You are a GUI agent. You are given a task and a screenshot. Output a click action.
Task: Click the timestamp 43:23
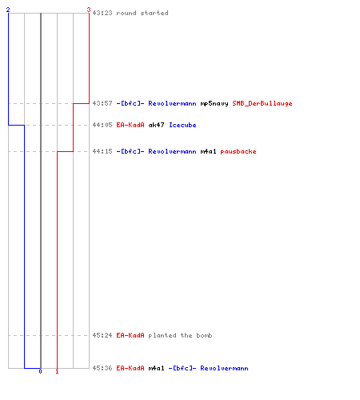102,13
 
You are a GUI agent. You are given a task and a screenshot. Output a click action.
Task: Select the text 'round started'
142,13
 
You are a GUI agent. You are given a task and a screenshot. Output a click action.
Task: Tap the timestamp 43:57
102,103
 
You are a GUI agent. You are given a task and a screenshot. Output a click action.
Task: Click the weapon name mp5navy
214,103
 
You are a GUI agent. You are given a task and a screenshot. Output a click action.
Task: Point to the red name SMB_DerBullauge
262,103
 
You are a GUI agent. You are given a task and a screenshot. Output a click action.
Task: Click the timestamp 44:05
102,125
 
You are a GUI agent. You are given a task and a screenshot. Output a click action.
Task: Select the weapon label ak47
156,125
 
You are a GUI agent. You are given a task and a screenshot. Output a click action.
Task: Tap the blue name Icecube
182,125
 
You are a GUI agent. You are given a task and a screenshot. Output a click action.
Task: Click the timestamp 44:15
102,151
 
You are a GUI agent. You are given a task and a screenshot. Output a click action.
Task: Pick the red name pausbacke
238,151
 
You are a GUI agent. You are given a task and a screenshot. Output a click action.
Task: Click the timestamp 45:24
102,335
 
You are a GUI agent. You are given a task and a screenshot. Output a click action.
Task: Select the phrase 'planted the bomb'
180,335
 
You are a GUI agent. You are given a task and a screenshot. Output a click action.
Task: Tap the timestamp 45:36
102,368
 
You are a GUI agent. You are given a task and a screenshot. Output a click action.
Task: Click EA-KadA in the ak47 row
130,125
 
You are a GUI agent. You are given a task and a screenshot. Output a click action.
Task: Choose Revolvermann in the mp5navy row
172,103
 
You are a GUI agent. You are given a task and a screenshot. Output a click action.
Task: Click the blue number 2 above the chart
8,10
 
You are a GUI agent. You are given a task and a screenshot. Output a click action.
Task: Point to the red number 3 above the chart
89,10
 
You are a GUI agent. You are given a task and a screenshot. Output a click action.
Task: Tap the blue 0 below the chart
40,371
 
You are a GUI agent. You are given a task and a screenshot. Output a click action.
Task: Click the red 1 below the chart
57,371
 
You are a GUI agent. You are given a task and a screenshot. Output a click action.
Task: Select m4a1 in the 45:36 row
156,368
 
